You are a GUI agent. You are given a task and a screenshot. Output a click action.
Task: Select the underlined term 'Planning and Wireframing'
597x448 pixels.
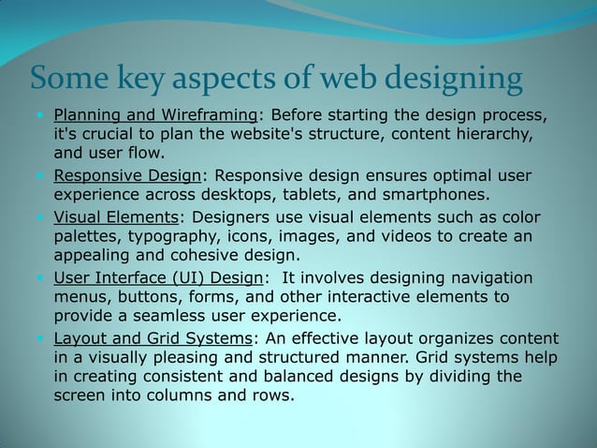[155, 115]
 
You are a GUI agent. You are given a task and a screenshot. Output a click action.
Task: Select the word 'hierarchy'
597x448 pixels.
[493, 135]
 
